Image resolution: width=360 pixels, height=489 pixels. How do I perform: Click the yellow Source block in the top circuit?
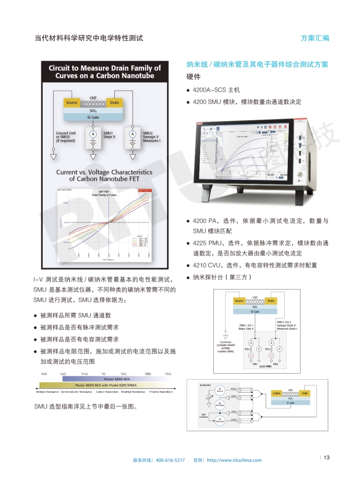pyautogui.click(x=72, y=103)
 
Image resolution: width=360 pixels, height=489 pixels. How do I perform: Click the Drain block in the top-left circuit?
pyautogui.click(x=114, y=103)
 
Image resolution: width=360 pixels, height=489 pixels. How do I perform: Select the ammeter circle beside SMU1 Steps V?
pyautogui.click(x=94, y=134)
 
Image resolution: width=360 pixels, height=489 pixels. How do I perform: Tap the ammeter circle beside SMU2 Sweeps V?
pyautogui.click(x=133, y=134)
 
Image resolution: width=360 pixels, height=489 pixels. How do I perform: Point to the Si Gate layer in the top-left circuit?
pyautogui.click(x=93, y=117)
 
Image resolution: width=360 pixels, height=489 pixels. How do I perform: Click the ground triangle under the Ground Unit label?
pyautogui.click(x=54, y=157)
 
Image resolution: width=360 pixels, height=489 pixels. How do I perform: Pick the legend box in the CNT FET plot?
pyautogui.click(x=142, y=245)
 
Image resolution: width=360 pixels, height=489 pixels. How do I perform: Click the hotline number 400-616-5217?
pyautogui.click(x=170, y=460)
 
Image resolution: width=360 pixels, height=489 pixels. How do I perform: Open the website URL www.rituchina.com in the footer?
pyautogui.click(x=234, y=460)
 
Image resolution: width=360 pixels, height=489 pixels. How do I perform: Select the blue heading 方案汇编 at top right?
pyautogui.click(x=315, y=38)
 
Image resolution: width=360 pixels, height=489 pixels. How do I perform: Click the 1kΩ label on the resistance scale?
pyautogui.click(x=123, y=373)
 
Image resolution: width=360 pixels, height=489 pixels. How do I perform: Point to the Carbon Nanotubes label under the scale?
pyautogui.click(x=107, y=391)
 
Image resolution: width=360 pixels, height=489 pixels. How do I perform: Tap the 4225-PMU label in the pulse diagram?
pyautogui.click(x=265, y=366)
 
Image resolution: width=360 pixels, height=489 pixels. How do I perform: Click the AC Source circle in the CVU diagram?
pyautogui.click(x=220, y=390)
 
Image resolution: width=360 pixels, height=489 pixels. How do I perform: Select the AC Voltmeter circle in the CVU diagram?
pyautogui.click(x=220, y=420)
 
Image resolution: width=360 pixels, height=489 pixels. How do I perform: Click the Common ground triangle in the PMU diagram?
pyautogui.click(x=226, y=336)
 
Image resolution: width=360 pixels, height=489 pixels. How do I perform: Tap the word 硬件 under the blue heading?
pyautogui.click(x=193, y=77)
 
